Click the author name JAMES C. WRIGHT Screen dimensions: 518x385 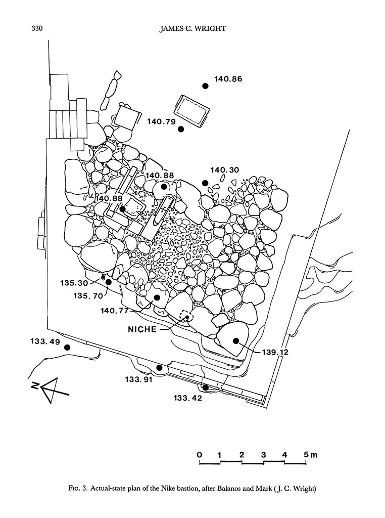click(x=192, y=29)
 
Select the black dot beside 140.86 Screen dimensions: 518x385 click(x=205, y=86)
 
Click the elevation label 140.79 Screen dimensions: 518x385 click(x=161, y=121)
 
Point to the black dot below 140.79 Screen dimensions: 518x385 click(x=181, y=129)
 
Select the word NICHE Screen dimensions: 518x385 click(x=143, y=329)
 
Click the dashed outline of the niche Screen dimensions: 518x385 click(x=186, y=316)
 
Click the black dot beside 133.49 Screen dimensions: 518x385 click(x=66, y=348)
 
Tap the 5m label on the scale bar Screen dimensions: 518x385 click(x=310, y=454)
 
